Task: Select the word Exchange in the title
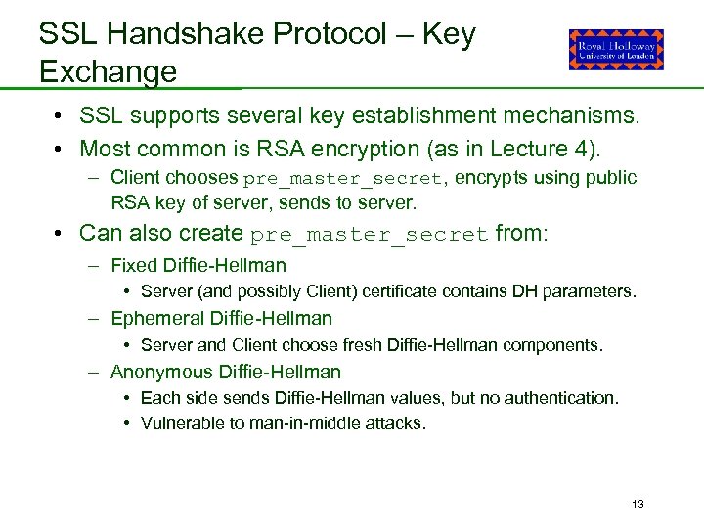[x=108, y=71]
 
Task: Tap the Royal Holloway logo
[x=616, y=50]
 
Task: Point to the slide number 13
[x=638, y=505]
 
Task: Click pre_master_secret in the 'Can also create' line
[x=370, y=235]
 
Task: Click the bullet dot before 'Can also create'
[x=61, y=234]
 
